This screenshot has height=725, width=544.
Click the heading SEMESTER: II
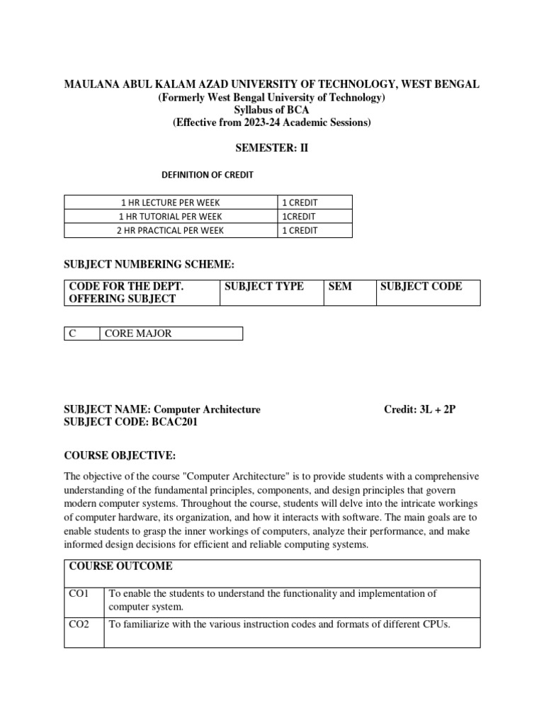[271, 148]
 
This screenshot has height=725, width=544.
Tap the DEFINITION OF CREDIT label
[208, 174]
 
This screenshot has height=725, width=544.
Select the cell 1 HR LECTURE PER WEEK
[170, 202]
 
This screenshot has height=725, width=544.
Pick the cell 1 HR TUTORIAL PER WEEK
[170, 216]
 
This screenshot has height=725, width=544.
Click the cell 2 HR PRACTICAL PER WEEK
[170, 230]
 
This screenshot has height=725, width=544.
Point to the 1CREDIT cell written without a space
[299, 216]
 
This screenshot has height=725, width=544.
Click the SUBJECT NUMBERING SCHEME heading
[149, 265]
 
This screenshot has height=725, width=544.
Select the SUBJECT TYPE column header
[263, 286]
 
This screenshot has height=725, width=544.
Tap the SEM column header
[340, 286]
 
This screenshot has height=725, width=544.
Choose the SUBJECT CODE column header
[421, 286]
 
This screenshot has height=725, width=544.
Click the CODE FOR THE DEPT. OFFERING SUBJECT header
[126, 292]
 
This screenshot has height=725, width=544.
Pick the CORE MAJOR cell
[138, 333]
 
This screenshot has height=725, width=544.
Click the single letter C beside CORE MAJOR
[72, 333]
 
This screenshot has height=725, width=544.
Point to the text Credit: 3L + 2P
[419, 409]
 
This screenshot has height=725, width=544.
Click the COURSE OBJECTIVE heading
[120, 454]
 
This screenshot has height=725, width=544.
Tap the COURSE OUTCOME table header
[120, 566]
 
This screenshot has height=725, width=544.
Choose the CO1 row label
[78, 593]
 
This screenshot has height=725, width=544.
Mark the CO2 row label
[78, 624]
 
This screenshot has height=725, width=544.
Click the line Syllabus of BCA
[271, 110]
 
